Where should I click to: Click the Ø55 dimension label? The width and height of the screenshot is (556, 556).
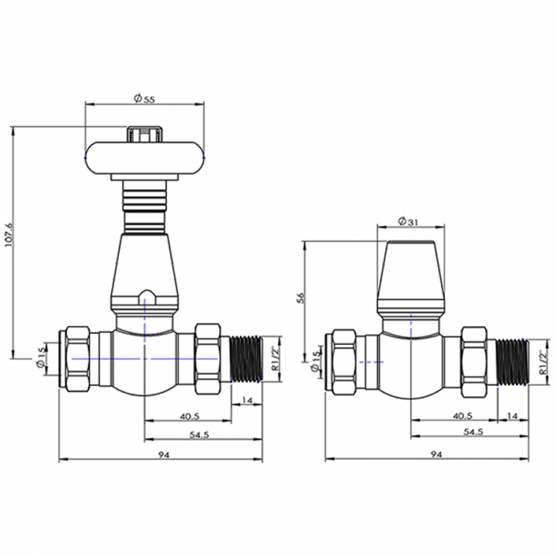click(144, 98)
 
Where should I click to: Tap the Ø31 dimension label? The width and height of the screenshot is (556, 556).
click(411, 222)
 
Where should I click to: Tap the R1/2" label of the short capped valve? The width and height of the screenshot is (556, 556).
click(542, 364)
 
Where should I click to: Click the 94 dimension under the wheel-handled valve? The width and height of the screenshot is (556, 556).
click(163, 455)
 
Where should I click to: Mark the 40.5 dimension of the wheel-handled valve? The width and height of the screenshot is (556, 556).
click(190, 417)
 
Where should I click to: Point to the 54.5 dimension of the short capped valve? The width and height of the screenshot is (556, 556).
click(470, 433)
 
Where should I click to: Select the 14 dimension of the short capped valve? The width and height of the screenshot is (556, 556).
click(513, 417)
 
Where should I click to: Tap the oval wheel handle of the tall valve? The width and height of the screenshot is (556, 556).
click(145, 157)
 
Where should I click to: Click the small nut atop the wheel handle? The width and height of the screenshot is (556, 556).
click(145, 133)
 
